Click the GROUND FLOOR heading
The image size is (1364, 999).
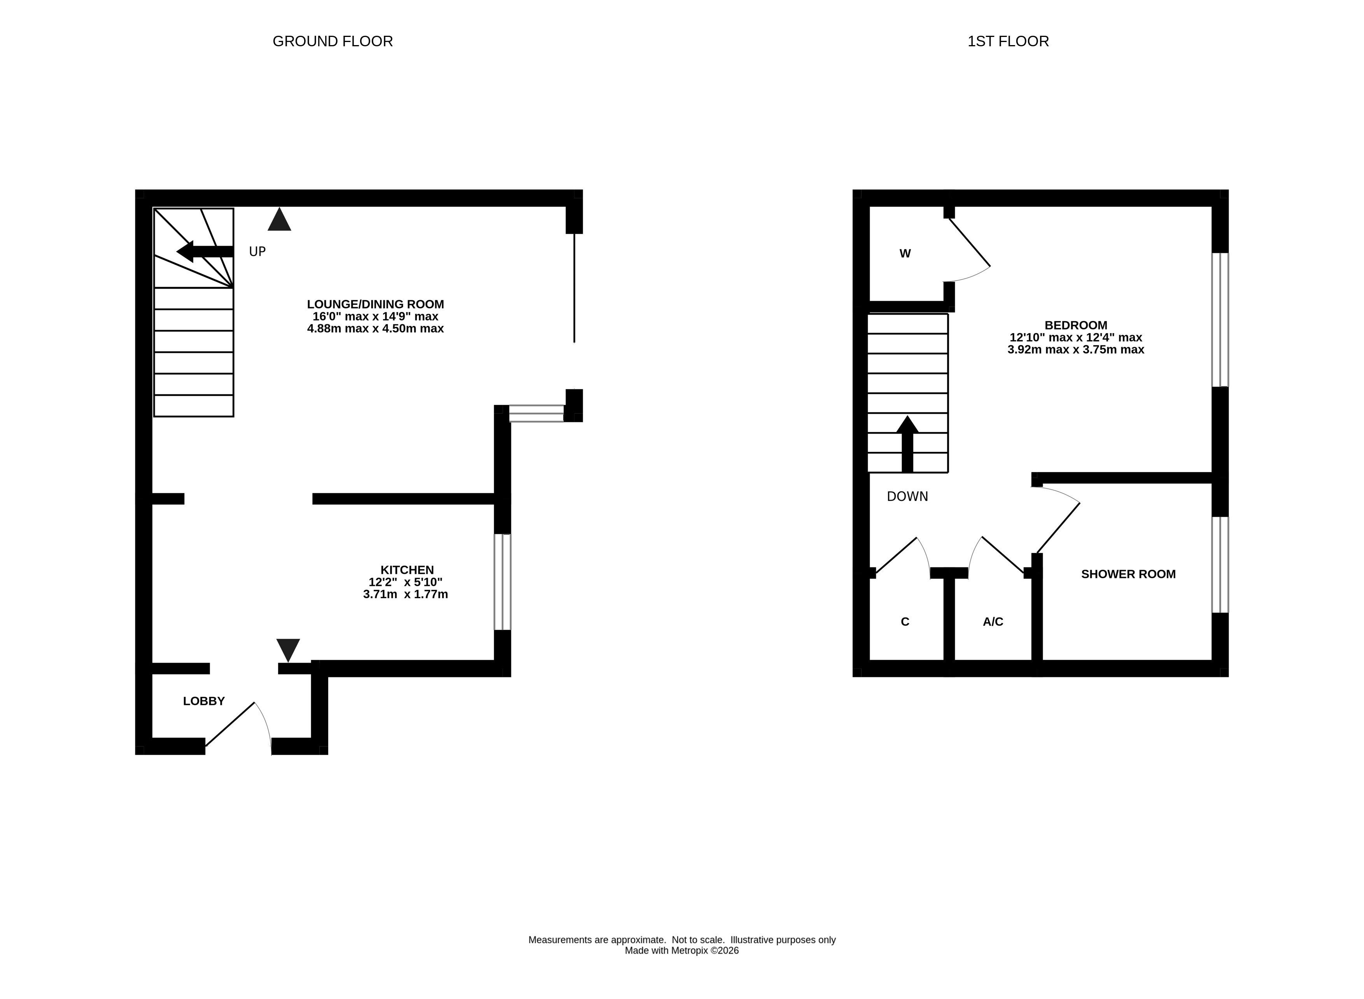pyautogui.click(x=333, y=41)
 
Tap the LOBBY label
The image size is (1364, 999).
pyautogui.click(x=204, y=701)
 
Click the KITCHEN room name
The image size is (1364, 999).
pyautogui.click(x=407, y=570)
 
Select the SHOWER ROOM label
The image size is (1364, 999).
pyautogui.click(x=1128, y=574)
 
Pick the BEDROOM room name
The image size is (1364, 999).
pyautogui.click(x=1075, y=325)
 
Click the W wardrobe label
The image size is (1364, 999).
pyautogui.click(x=905, y=254)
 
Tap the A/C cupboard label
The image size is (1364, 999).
pyautogui.click(x=993, y=622)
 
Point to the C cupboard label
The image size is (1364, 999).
pyautogui.click(x=905, y=622)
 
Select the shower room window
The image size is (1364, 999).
pyautogui.click(x=1220, y=564)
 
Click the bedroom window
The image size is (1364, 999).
pyautogui.click(x=1220, y=319)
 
